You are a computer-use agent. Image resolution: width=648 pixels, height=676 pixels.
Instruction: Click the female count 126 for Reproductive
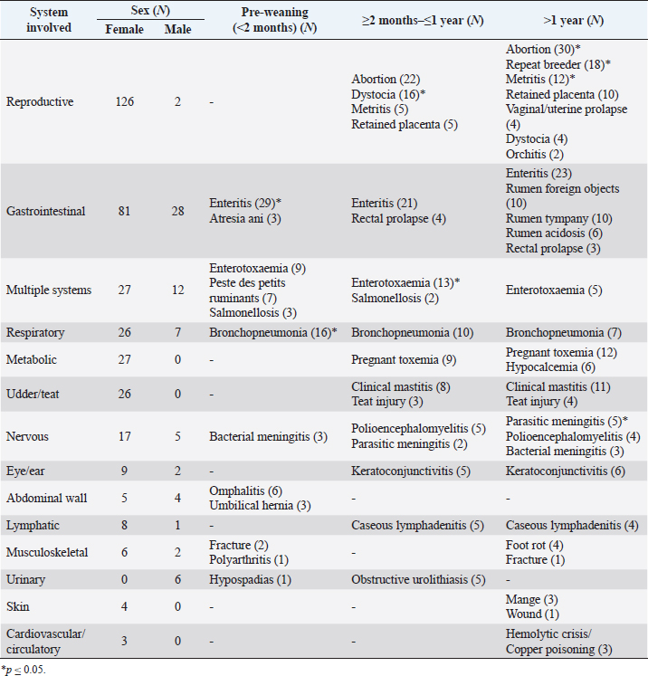[x=124, y=102]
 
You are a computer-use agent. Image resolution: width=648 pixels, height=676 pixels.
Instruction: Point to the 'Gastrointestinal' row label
[x=45, y=211]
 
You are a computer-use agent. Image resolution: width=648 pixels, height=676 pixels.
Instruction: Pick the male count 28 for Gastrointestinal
[x=177, y=211]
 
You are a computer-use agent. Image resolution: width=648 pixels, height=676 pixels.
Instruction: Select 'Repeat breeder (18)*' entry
[x=557, y=64]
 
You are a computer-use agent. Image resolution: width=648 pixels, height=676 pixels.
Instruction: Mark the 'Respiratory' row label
[x=34, y=332]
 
